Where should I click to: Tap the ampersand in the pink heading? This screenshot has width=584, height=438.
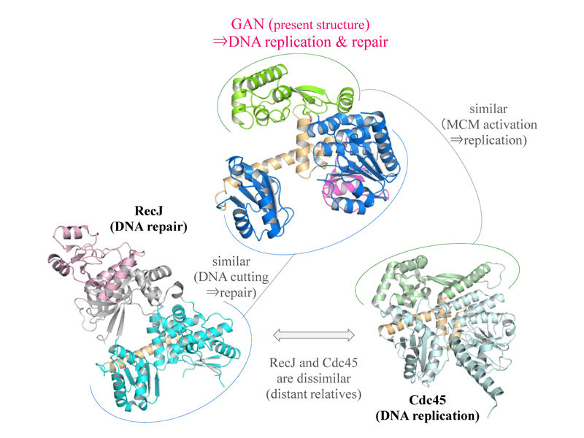point(341,42)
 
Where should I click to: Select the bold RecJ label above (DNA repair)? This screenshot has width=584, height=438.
point(149,211)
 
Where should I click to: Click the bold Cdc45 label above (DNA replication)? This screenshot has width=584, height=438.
point(427,400)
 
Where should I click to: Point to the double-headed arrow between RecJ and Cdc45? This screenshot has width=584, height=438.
point(314,335)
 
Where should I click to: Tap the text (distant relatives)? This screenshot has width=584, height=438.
point(314,394)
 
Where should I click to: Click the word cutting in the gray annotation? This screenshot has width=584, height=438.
point(250,277)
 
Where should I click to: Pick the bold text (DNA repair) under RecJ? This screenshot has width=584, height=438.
point(149,226)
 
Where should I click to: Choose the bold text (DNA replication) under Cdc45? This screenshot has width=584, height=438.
point(427,415)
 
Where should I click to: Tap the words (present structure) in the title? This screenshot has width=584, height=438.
point(319,25)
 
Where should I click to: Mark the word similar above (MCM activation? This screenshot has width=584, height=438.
point(488,109)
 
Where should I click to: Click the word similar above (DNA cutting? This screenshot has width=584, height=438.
point(231,261)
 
